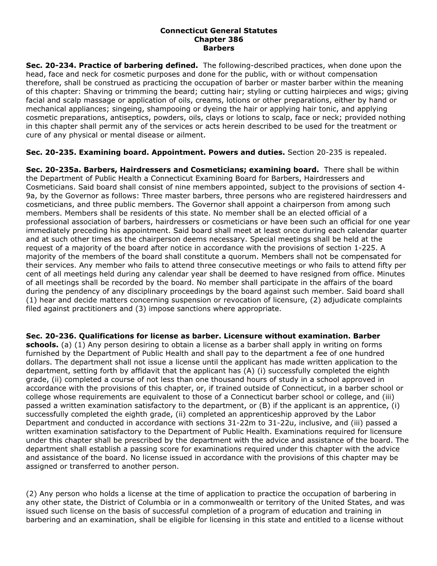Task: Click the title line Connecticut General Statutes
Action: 218,31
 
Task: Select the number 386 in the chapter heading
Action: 236,39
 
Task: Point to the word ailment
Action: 193,135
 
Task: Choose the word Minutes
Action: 392,274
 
